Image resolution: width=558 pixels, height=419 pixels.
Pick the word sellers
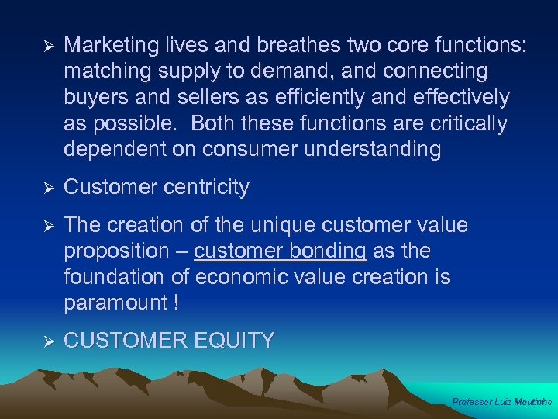point(200,98)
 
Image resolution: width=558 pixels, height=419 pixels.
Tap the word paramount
point(115,303)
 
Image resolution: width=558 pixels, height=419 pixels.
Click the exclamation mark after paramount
point(177,303)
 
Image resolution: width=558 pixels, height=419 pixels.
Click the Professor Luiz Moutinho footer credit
point(501,402)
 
